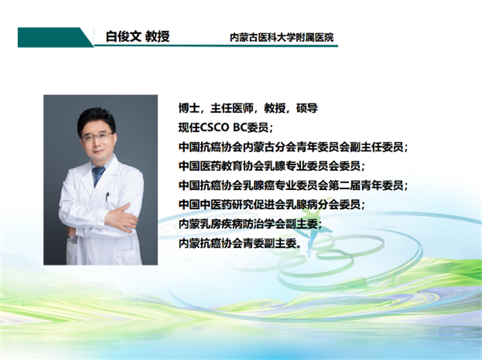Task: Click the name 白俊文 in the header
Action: coord(123,36)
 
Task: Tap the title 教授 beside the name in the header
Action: coord(158,36)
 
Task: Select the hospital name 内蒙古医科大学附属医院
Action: coord(282,37)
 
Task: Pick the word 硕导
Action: coord(307,108)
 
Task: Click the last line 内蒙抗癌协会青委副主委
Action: coord(240,243)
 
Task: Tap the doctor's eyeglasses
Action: coord(97,137)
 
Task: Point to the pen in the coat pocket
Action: coord(107,197)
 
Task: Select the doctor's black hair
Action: coord(96,119)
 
